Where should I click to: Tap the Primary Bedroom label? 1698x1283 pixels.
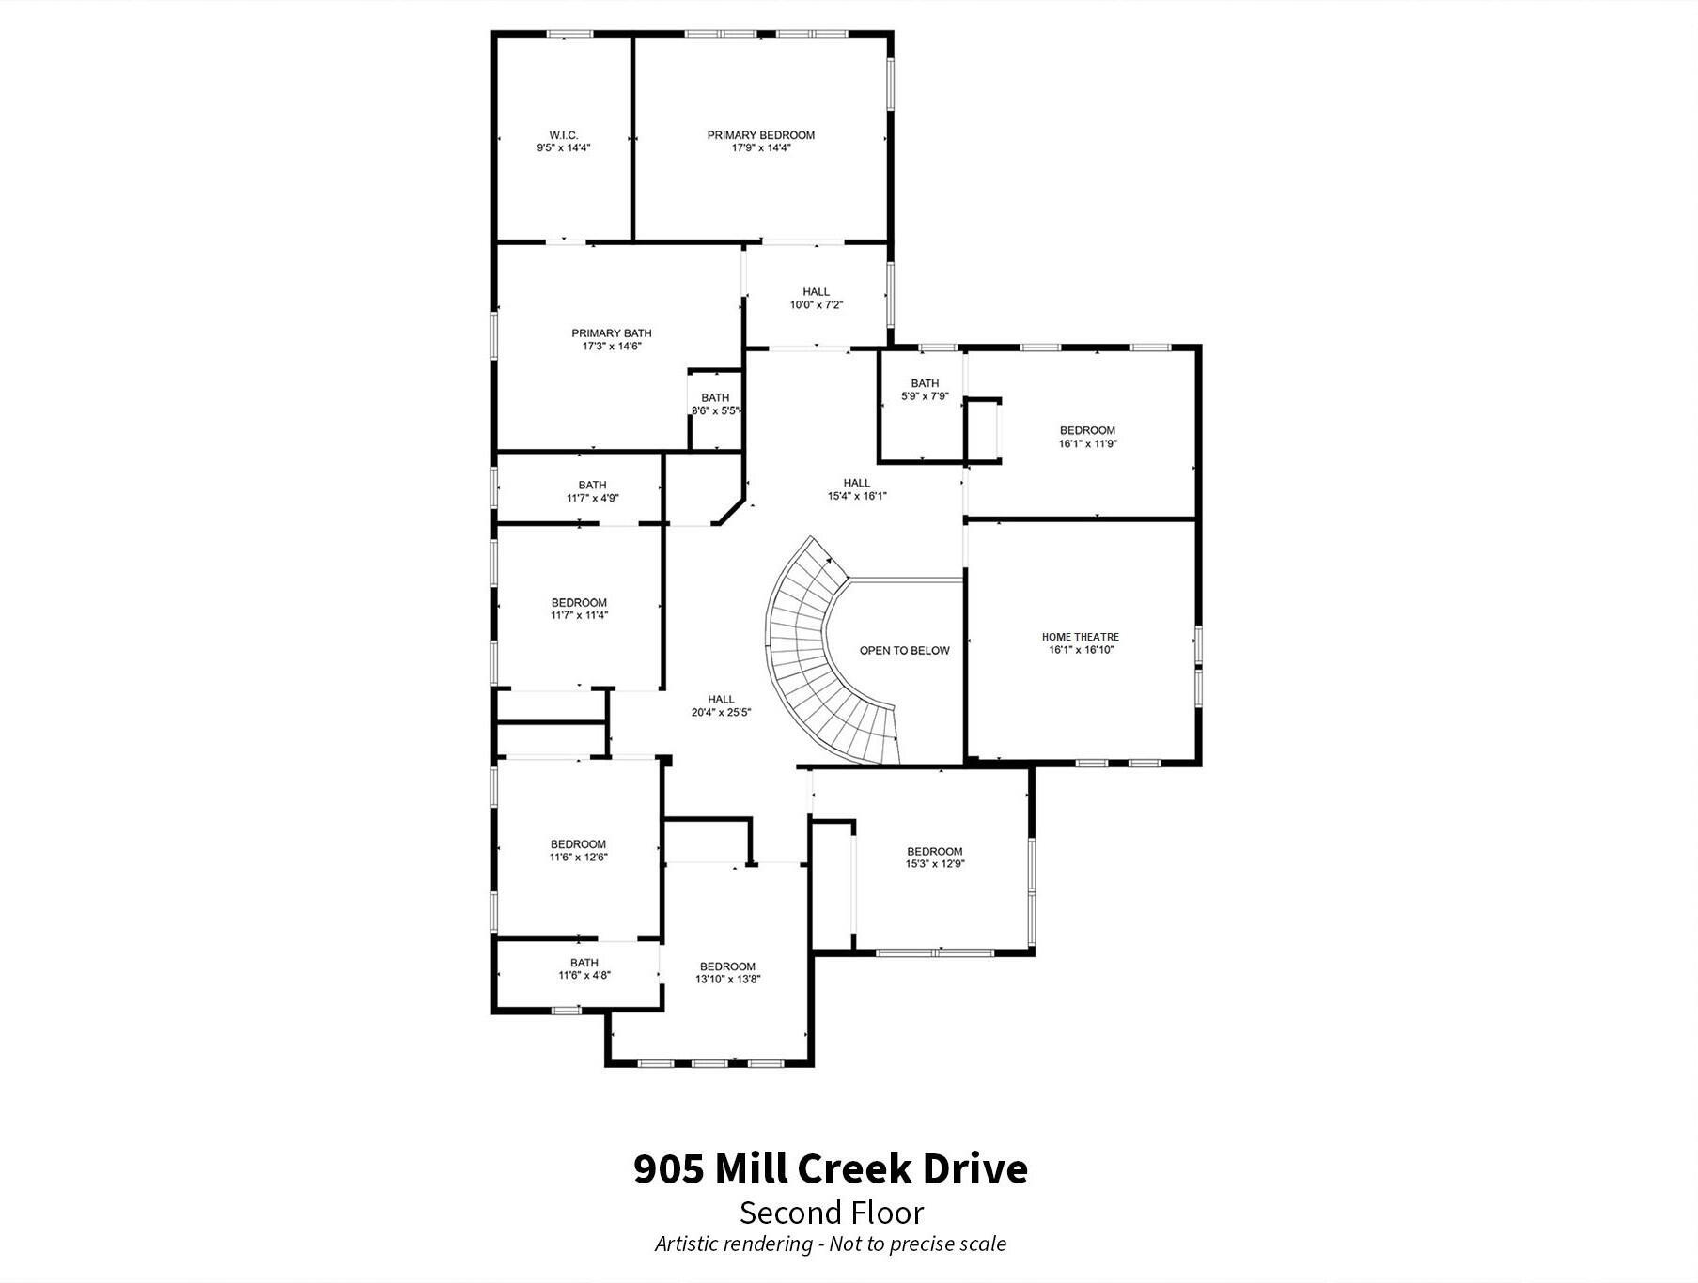pyautogui.click(x=761, y=135)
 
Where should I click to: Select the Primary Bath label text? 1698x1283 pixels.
pyautogui.click(x=612, y=333)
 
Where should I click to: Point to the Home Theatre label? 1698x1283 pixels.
pyautogui.click(x=1081, y=637)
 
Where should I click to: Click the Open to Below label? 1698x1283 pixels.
pyautogui.click(x=905, y=650)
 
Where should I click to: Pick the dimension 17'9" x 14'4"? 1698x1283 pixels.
pyautogui.click(x=761, y=147)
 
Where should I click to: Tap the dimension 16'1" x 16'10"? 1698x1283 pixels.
pyautogui.click(x=1081, y=649)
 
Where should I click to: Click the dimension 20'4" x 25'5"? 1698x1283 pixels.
pyautogui.click(x=721, y=712)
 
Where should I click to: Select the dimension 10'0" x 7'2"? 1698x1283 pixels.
pyautogui.click(x=817, y=304)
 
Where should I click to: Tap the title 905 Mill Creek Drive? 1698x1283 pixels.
pyautogui.click(x=831, y=1169)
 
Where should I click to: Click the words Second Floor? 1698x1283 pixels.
pyautogui.click(x=832, y=1213)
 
